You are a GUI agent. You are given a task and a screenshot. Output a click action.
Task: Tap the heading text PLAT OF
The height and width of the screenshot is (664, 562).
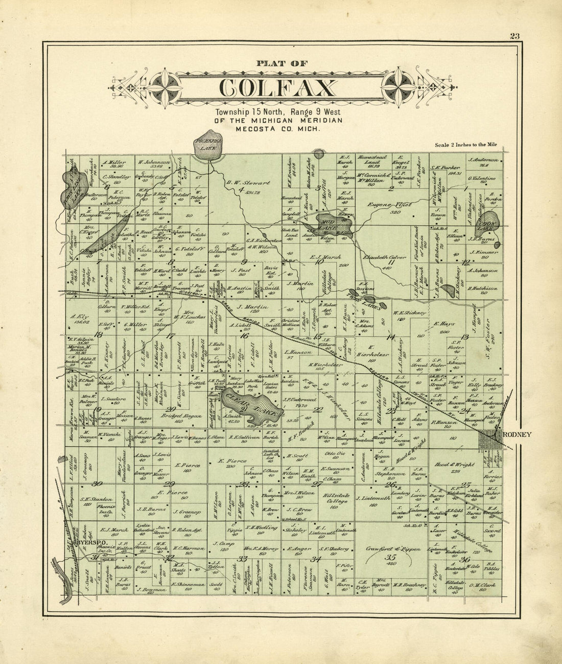pyautogui.click(x=282, y=64)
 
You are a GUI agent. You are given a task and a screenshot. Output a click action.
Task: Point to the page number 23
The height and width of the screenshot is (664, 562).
pyautogui.click(x=514, y=36)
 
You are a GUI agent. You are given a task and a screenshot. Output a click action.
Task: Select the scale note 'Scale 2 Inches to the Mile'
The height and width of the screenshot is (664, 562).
pyautogui.click(x=465, y=145)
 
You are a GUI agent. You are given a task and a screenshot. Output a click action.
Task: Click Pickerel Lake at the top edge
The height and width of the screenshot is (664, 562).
pyautogui.click(x=206, y=148)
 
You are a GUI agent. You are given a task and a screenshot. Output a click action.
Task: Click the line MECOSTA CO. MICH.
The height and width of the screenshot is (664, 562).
pyautogui.click(x=278, y=129)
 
